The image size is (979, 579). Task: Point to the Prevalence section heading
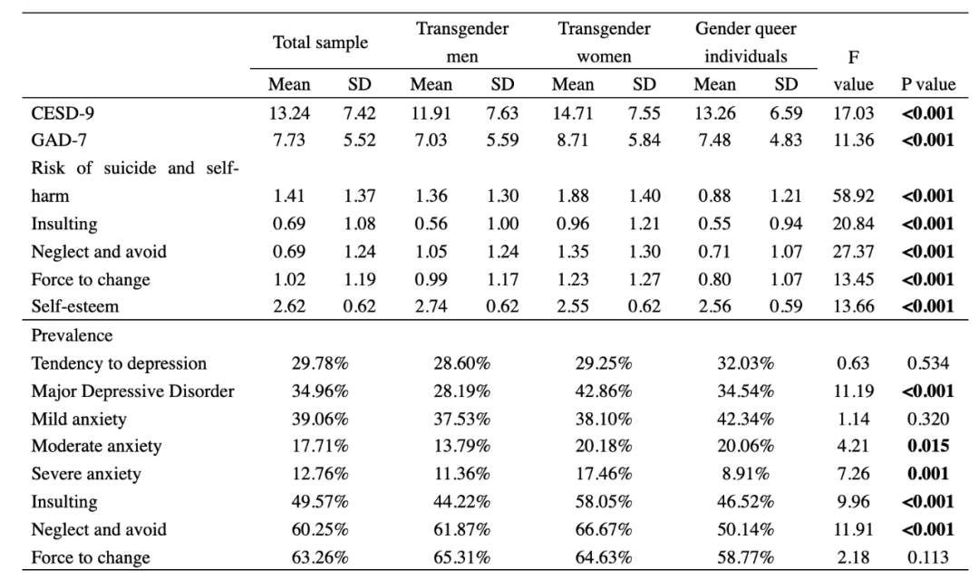click(x=72, y=336)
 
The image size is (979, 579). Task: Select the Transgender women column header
click(x=605, y=43)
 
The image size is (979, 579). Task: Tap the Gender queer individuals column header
click(x=746, y=43)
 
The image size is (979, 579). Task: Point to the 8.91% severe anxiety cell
click(x=746, y=472)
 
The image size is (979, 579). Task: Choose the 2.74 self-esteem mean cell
click(x=431, y=306)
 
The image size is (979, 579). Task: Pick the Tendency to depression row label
click(x=119, y=363)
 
